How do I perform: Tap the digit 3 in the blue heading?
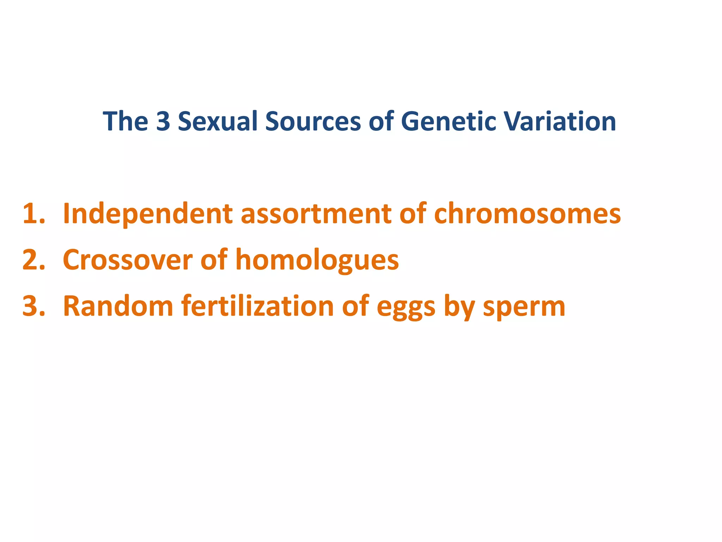[163, 121]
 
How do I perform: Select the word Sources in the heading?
[313, 121]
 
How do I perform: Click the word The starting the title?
[125, 121]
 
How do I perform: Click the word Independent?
[148, 214]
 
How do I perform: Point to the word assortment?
[316, 214]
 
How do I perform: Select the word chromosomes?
[527, 214]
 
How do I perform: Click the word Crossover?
[127, 260]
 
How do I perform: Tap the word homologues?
[317, 260]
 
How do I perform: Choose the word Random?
[118, 306]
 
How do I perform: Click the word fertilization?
[257, 306]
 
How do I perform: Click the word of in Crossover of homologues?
[214, 260]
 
